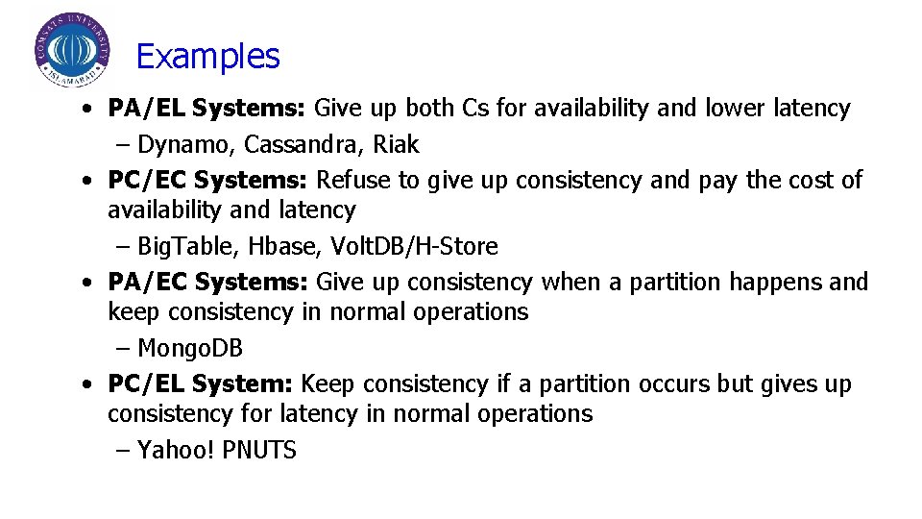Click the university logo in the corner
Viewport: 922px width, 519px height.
(73, 52)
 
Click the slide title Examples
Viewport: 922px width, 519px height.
(207, 57)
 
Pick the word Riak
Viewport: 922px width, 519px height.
(396, 145)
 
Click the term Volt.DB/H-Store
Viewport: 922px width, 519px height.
(414, 247)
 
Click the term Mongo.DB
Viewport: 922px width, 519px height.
(190, 348)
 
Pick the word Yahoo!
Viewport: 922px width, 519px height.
(176, 450)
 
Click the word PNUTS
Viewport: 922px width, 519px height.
(259, 450)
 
